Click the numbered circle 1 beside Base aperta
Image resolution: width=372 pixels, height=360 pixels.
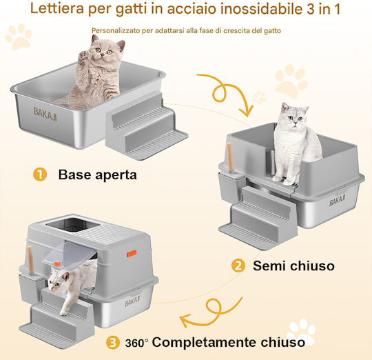pyautogui.click(x=40, y=174)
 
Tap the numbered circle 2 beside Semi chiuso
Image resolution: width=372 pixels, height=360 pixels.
pyautogui.click(x=238, y=266)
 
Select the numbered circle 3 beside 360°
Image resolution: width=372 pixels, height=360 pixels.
pyautogui.click(x=112, y=343)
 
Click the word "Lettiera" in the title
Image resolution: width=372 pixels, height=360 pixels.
pyautogui.click(x=57, y=8)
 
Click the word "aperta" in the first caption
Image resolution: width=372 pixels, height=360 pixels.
pyautogui.click(x=116, y=175)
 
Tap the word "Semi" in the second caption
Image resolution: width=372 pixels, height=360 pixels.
pyautogui.click(x=269, y=266)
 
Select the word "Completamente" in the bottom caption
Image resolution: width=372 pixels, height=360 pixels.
pyautogui.click(x=205, y=343)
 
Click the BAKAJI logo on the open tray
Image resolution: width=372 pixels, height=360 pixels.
pyautogui.click(x=45, y=114)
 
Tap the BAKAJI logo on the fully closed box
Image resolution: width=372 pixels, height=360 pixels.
pyautogui.click(x=132, y=301)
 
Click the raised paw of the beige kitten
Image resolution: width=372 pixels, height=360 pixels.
pyautogui.click(x=85, y=57)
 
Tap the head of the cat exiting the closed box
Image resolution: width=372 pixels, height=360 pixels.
pyautogui.click(x=58, y=280)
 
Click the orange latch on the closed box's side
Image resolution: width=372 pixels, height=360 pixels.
pyautogui.click(x=132, y=253)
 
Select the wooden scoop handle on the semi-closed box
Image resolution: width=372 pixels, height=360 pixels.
pyautogui.click(x=229, y=157)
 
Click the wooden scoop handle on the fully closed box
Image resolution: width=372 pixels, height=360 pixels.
pyautogui.click(x=30, y=260)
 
